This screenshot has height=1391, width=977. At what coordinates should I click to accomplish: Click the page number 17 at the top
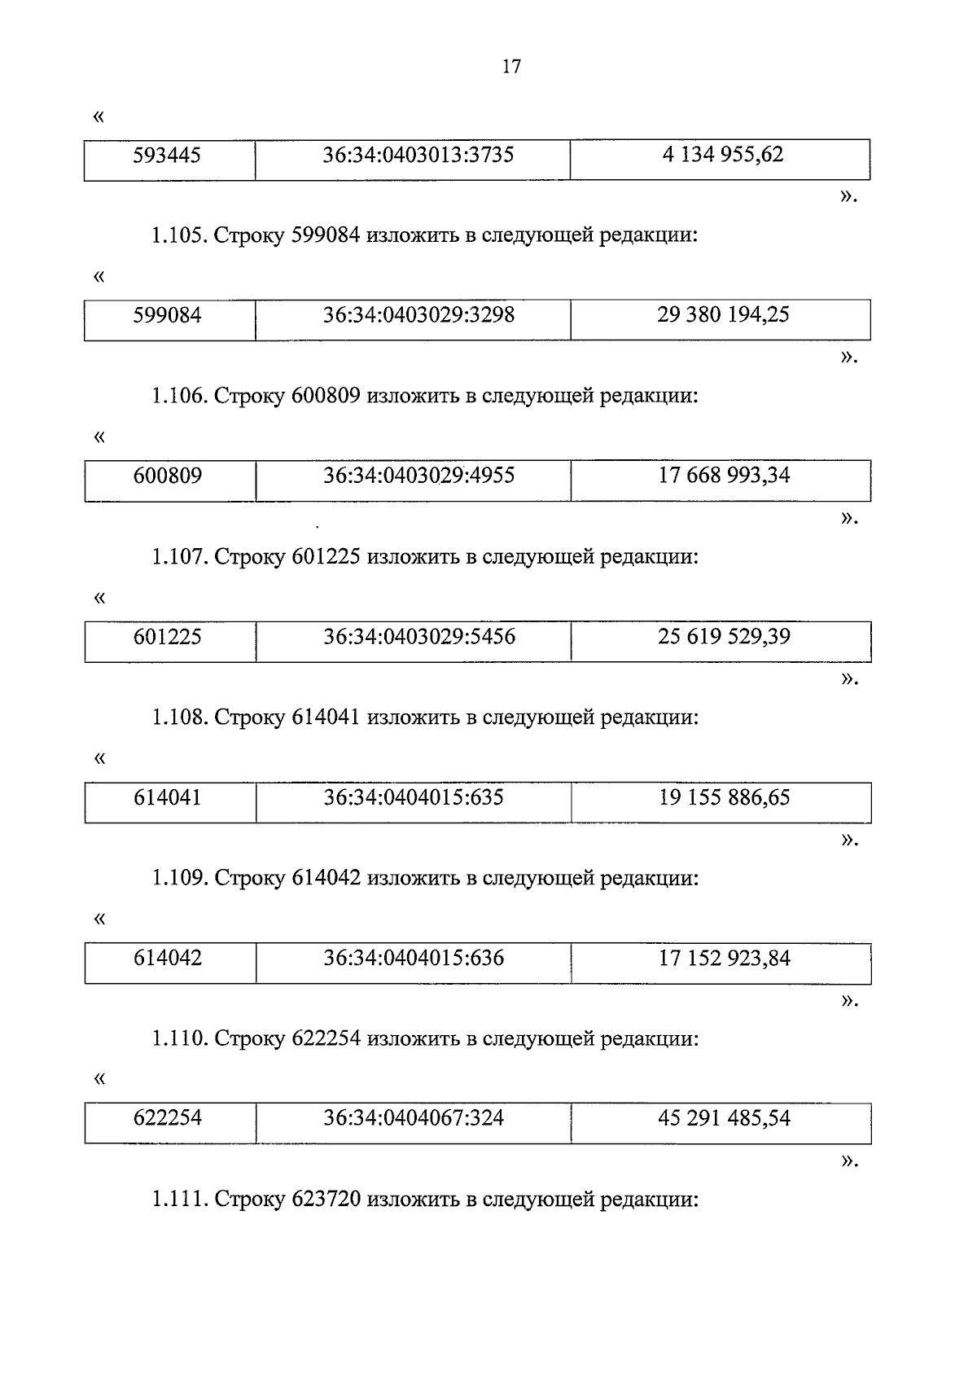[511, 67]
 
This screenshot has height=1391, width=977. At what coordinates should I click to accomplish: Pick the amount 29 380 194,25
[723, 315]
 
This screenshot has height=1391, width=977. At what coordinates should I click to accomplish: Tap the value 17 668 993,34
[724, 476]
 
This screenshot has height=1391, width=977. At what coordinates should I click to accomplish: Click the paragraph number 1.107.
[179, 558]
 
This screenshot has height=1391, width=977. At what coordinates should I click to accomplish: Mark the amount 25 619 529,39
[724, 637]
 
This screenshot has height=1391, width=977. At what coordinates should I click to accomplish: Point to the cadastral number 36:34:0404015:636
[414, 958]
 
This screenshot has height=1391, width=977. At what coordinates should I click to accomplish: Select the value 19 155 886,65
[724, 797]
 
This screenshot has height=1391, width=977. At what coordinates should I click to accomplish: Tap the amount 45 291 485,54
[724, 1118]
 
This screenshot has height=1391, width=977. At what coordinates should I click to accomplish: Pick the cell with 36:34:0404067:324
[414, 1118]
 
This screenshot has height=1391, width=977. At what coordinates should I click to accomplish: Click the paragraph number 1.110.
[179, 1040]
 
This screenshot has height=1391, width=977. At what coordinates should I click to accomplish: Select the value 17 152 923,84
[724, 958]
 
